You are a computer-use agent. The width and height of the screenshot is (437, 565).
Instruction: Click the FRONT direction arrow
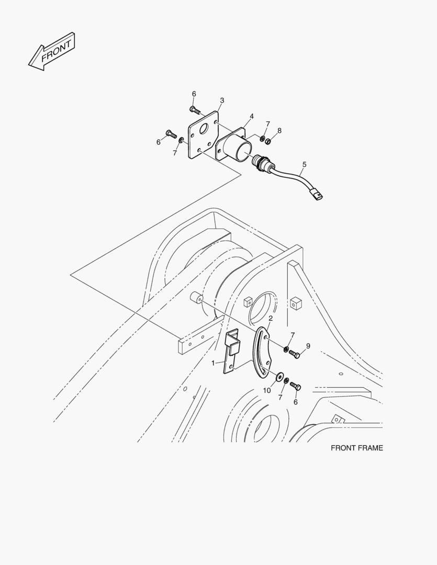click(52, 51)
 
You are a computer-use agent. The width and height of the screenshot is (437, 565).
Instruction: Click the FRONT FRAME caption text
click(357, 448)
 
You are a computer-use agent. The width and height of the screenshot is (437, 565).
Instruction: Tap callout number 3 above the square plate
click(222, 100)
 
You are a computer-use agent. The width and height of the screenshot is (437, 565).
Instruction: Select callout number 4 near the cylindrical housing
click(252, 116)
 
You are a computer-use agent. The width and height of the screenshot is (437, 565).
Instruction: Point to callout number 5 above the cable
click(304, 164)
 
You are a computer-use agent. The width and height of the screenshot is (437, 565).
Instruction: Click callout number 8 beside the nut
click(279, 130)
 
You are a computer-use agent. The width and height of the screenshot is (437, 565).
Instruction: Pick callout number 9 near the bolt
click(308, 346)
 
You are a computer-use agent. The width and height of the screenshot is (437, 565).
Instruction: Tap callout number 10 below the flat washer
click(267, 391)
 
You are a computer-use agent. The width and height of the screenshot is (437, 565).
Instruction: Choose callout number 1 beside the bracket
click(213, 363)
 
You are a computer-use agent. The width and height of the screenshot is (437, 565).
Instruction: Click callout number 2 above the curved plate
click(271, 318)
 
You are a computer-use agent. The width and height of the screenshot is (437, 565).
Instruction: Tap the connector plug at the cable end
click(317, 195)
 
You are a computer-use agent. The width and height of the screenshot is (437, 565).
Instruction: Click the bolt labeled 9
click(295, 355)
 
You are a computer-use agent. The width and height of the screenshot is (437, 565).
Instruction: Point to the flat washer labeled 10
click(279, 377)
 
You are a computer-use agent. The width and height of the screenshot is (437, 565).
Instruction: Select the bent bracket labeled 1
click(232, 351)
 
